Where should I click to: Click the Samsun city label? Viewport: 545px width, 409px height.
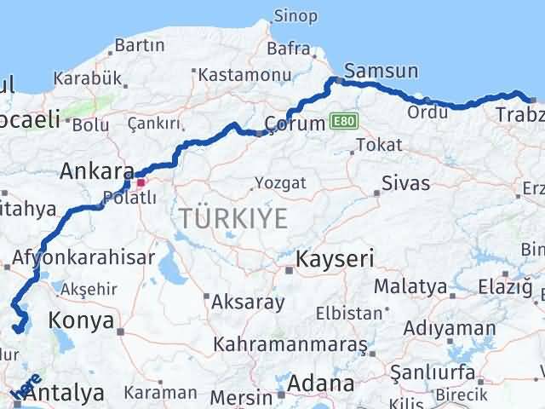coord(381,72)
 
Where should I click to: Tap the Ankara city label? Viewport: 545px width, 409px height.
coord(96,171)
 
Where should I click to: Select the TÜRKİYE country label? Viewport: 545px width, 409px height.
coord(232,218)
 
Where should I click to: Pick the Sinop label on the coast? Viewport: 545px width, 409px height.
coord(295,16)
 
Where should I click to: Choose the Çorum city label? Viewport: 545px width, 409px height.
coord(295,124)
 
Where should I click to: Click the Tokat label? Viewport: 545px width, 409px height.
coord(379,145)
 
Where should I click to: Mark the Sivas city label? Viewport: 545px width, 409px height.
coord(405,182)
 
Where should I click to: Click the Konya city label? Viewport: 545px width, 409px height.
coord(82,320)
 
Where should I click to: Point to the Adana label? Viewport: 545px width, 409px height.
coord(320,383)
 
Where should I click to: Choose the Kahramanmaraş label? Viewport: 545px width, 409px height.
coord(290,345)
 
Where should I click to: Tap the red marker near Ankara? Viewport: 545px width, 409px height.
coord(141,181)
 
